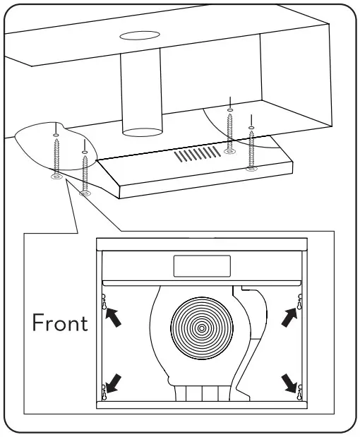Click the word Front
61,323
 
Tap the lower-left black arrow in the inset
112,383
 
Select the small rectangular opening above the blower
202,266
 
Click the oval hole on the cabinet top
138,35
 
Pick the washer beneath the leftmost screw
56,176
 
